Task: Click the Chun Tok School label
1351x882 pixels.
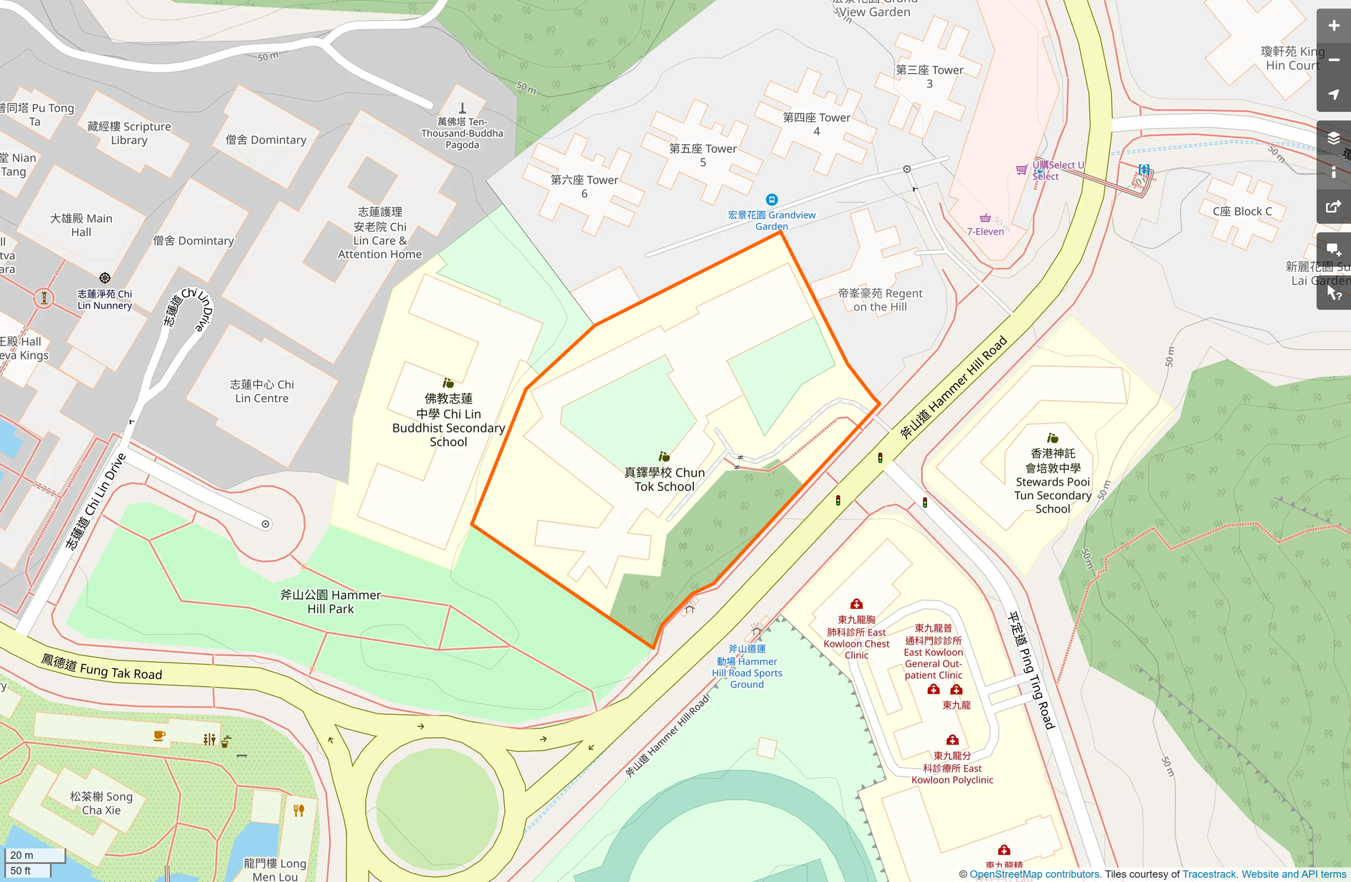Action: point(664,479)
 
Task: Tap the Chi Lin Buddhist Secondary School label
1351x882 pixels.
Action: point(448,420)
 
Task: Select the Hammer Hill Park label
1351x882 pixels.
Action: point(331,602)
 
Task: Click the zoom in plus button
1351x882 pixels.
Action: point(1333,26)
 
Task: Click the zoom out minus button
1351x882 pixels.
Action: point(1333,60)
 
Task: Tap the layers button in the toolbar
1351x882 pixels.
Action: point(1333,138)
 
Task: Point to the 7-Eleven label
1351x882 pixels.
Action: point(985,232)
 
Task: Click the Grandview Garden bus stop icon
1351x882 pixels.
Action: point(772,200)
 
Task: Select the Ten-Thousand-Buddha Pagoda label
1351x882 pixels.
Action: point(463,133)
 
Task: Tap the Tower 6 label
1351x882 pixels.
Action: point(584,186)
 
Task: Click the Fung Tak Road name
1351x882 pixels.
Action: point(102,668)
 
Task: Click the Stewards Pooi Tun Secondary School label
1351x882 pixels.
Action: point(1053,481)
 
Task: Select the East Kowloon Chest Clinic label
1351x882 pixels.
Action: point(856,637)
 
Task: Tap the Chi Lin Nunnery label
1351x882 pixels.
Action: point(105,300)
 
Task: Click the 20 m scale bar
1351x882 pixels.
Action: point(34,855)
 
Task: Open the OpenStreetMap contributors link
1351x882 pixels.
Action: point(1035,874)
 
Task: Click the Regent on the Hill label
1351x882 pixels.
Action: point(880,300)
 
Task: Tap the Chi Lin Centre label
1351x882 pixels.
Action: point(262,392)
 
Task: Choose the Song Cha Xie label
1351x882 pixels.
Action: point(101,803)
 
